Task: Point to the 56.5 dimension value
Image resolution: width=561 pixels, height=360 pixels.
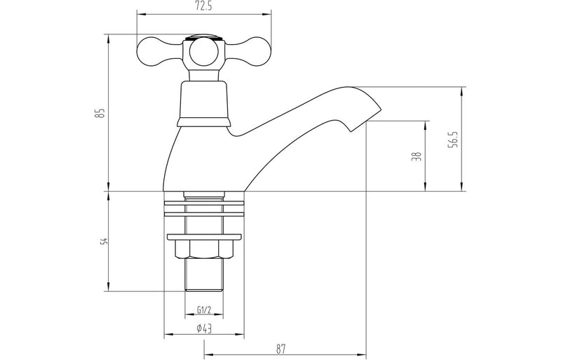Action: coord(454,139)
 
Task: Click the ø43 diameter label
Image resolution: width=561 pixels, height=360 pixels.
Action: coord(203,328)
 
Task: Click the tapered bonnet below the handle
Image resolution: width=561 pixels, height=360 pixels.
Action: coord(203,98)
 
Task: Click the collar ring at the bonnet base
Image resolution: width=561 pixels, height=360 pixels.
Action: coord(203,122)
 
